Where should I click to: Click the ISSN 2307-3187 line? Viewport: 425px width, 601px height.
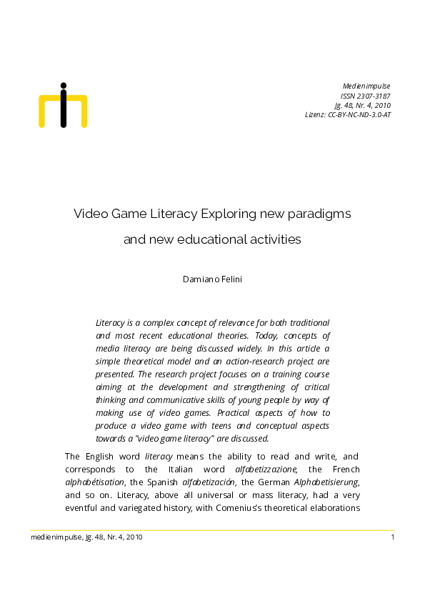tap(365, 95)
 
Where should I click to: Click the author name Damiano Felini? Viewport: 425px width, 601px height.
tap(212, 279)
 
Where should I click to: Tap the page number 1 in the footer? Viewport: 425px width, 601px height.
tap(393, 537)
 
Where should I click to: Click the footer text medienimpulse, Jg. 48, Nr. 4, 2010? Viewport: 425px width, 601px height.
tap(86, 537)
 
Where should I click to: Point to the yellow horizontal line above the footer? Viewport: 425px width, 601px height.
tap(212, 530)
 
